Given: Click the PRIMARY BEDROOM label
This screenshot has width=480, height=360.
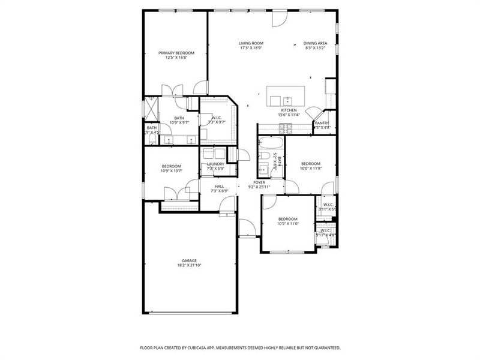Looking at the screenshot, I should [x=176, y=53].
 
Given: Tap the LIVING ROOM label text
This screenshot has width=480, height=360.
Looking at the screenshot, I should [x=251, y=43].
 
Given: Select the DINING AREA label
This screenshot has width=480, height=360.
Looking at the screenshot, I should [x=314, y=43].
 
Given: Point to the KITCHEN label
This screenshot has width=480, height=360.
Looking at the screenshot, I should [x=289, y=110].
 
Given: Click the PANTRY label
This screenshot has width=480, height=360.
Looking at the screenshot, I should [x=322, y=123].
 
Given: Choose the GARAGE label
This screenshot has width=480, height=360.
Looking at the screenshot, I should [x=189, y=260].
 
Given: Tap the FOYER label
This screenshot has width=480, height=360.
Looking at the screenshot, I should [x=259, y=182].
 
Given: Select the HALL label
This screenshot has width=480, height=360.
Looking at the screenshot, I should [x=220, y=187].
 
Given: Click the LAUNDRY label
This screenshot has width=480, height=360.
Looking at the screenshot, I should [x=215, y=164].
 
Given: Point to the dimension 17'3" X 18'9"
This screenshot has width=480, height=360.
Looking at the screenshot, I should [x=251, y=48].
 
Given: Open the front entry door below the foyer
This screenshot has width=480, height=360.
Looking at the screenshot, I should [x=247, y=229].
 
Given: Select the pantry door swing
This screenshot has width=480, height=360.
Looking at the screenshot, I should [x=314, y=114].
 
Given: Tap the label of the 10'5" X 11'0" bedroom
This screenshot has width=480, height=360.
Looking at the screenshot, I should [x=287, y=219].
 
